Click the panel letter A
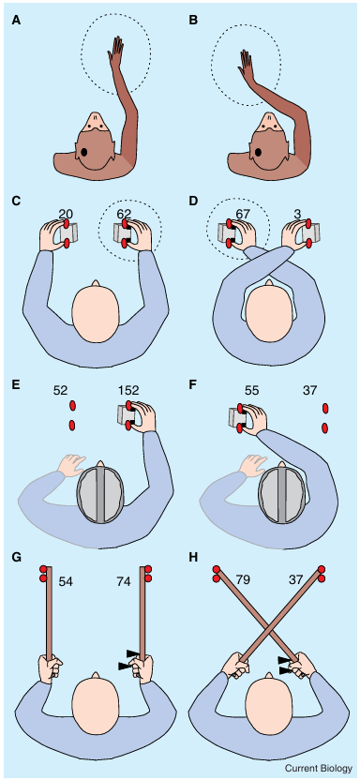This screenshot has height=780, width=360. [x=18, y=21]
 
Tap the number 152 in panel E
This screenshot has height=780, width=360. [x=128, y=392]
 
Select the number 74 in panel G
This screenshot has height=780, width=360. [x=125, y=580]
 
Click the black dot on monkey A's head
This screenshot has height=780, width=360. [x=84, y=152]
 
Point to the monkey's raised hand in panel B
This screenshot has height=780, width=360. [x=247, y=64]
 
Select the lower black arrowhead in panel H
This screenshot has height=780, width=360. [x=286, y=671]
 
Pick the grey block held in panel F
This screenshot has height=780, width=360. [x=235, y=417]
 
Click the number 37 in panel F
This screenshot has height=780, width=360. [x=310, y=392]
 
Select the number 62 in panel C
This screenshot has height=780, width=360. [x=125, y=214]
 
